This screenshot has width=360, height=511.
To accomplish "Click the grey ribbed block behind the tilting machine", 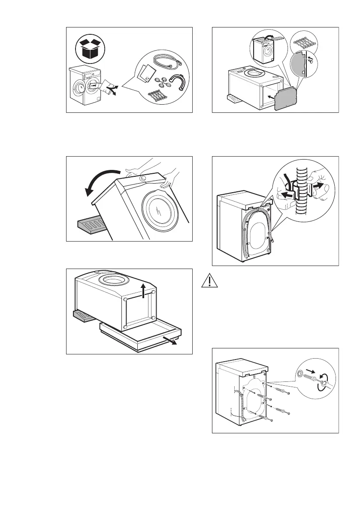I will tap(91, 225).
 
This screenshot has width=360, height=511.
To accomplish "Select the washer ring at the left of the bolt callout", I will tap(298, 372).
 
